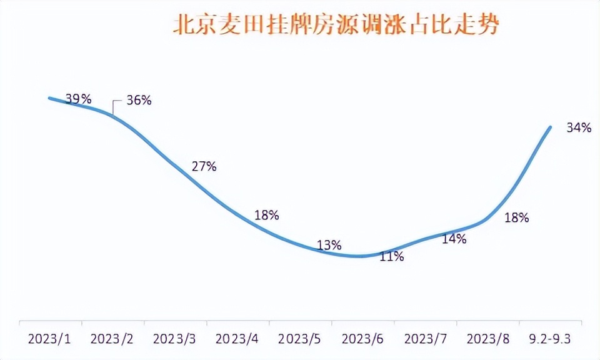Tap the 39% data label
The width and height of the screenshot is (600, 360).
[79, 99]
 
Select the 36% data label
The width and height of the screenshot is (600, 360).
[139, 100]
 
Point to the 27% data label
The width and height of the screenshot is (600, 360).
[204, 166]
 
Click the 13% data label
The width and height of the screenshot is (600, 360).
[329, 245]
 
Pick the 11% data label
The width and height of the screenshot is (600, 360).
[391, 256]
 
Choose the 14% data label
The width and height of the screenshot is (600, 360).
[454, 239]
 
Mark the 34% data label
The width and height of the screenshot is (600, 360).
[579, 128]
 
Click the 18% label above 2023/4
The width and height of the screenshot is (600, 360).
[266, 216]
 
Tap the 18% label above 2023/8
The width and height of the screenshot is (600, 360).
[517, 218]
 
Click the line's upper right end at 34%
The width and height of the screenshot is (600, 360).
[551, 127]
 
